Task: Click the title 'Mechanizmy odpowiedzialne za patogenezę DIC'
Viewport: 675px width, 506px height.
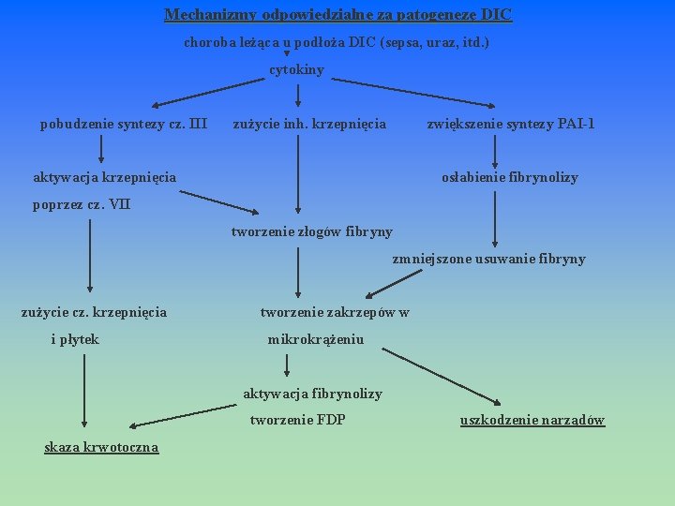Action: [337, 15]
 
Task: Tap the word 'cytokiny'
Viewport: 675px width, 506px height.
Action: [297, 70]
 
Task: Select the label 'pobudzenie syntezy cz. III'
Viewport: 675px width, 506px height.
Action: [123, 124]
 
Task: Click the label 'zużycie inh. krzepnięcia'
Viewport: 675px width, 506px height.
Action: [309, 124]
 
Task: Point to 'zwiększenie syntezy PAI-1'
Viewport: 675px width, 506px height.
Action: [511, 124]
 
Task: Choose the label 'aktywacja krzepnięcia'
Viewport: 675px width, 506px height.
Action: [104, 177]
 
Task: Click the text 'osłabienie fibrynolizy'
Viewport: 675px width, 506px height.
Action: [510, 177]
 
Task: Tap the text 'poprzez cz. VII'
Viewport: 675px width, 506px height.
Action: [82, 204]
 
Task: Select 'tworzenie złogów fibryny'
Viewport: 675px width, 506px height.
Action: [312, 231]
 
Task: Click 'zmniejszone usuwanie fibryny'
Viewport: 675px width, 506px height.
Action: [488, 259]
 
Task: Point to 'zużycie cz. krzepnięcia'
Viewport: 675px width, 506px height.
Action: [94, 312]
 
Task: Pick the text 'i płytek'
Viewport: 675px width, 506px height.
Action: [75, 339]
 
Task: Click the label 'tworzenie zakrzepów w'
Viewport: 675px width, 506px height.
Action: [334, 312]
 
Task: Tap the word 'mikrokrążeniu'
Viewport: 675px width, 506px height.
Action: [316, 339]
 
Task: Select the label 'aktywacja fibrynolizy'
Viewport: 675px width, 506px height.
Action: [312, 394]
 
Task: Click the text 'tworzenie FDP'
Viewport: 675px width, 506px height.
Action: [297, 420]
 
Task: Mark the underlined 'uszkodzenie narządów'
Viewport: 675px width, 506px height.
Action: [532, 420]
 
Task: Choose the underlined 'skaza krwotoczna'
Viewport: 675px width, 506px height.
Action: [101, 447]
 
